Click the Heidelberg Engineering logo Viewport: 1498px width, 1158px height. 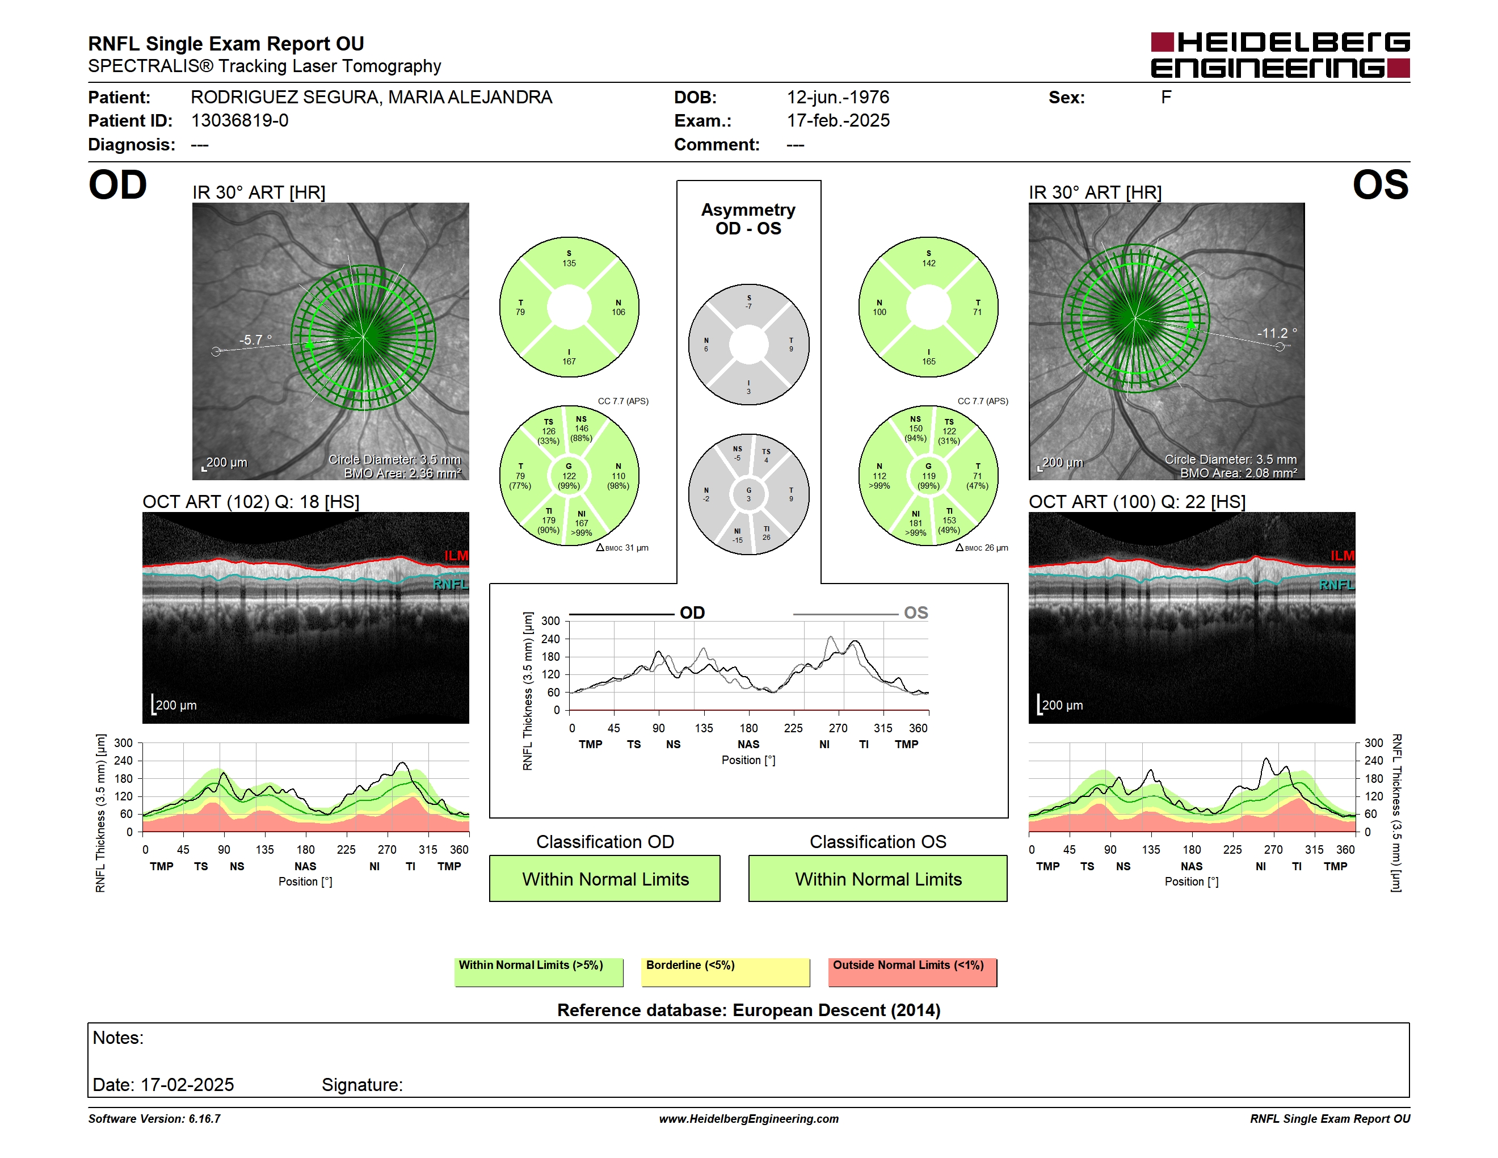tap(1280, 55)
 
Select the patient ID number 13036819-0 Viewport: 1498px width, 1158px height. tap(239, 121)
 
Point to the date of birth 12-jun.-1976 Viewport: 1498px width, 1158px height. tap(838, 98)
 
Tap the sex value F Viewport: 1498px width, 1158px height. tap(1166, 98)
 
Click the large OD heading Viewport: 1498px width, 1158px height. tap(117, 185)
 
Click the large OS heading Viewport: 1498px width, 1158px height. tap(1380, 185)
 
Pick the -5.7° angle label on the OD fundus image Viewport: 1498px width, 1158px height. tap(255, 339)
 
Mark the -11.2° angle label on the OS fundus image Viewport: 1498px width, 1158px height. tap(1277, 333)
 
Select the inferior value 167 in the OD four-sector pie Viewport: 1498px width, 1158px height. tap(569, 362)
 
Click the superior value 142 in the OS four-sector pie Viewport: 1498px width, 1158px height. tap(929, 263)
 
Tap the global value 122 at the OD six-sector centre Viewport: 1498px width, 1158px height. tap(569, 476)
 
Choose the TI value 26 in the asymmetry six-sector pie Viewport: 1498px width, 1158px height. tap(766, 537)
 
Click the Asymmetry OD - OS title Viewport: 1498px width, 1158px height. tap(748, 219)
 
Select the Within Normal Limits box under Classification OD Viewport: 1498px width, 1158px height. tap(605, 878)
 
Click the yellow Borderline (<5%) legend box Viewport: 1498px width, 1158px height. tap(726, 972)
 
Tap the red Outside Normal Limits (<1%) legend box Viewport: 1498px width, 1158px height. tap(912, 972)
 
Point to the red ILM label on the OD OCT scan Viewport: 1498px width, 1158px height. tap(456, 556)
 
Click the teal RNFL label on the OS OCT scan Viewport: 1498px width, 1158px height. tap(1337, 585)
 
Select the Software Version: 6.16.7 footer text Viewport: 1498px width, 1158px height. tap(154, 1119)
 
